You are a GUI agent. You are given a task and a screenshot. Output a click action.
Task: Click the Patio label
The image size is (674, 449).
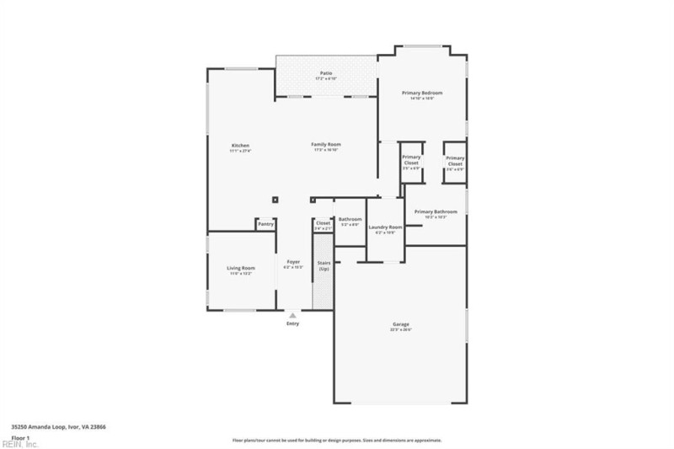pyautogui.click(x=325, y=73)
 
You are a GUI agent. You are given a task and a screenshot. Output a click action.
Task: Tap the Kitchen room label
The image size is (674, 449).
pyautogui.click(x=241, y=146)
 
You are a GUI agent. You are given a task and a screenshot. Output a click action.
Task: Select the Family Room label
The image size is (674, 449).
pyautogui.click(x=326, y=145)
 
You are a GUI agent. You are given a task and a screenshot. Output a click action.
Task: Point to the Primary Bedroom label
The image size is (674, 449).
pyautogui.click(x=426, y=93)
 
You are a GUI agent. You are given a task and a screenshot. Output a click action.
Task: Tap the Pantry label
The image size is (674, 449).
pyautogui.click(x=266, y=224)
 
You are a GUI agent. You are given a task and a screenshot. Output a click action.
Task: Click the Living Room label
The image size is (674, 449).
pyautogui.click(x=240, y=269)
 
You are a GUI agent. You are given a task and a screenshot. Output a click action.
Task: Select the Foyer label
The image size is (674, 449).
pyautogui.click(x=292, y=262)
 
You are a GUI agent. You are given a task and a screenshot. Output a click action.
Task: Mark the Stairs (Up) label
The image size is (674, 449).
pyautogui.click(x=324, y=265)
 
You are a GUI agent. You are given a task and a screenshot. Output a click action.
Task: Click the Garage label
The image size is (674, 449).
pyautogui.click(x=400, y=324)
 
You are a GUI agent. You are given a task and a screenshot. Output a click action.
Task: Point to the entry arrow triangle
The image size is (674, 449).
pyautogui.click(x=292, y=315)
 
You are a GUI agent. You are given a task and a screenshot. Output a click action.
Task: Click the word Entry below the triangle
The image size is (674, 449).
pyautogui.click(x=292, y=323)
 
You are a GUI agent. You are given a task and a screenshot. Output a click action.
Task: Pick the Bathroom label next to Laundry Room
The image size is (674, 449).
pyautogui.click(x=350, y=219)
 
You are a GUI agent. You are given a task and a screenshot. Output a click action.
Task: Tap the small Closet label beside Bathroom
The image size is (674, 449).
pyautogui.click(x=324, y=223)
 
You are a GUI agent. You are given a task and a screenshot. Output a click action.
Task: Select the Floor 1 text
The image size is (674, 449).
pyautogui.click(x=20, y=437)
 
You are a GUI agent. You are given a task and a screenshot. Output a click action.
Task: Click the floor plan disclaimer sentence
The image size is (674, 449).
pyautogui.click(x=336, y=440)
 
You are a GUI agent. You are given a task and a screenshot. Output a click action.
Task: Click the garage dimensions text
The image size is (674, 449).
pyautogui.click(x=400, y=329)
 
